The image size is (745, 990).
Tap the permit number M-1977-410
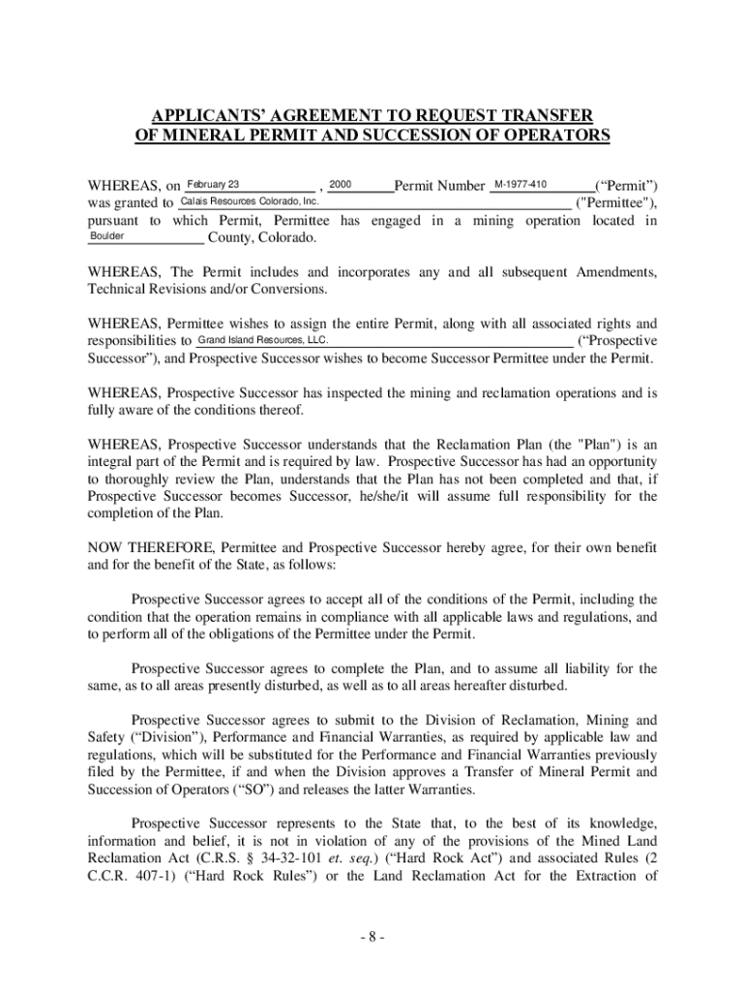pyautogui.click(x=521, y=185)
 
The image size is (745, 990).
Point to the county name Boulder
pyautogui.click(x=107, y=236)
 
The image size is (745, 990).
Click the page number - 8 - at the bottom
pyautogui.click(x=372, y=937)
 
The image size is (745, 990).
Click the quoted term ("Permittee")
pyautogui.click(x=616, y=203)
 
